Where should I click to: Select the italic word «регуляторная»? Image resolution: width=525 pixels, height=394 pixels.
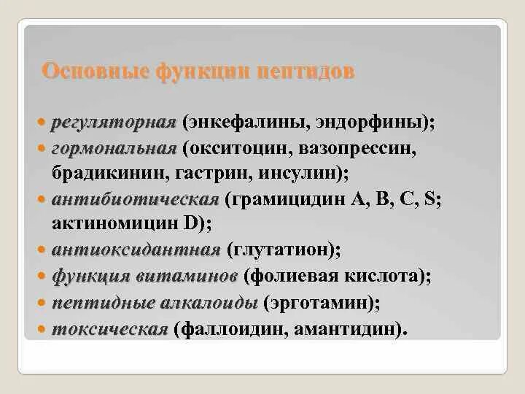coord(114,123)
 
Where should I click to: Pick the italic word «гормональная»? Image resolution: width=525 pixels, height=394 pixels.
coord(114,149)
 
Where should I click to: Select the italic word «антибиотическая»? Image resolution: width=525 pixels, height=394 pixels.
coord(135,199)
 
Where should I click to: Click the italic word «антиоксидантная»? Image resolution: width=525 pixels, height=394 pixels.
coord(136,250)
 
